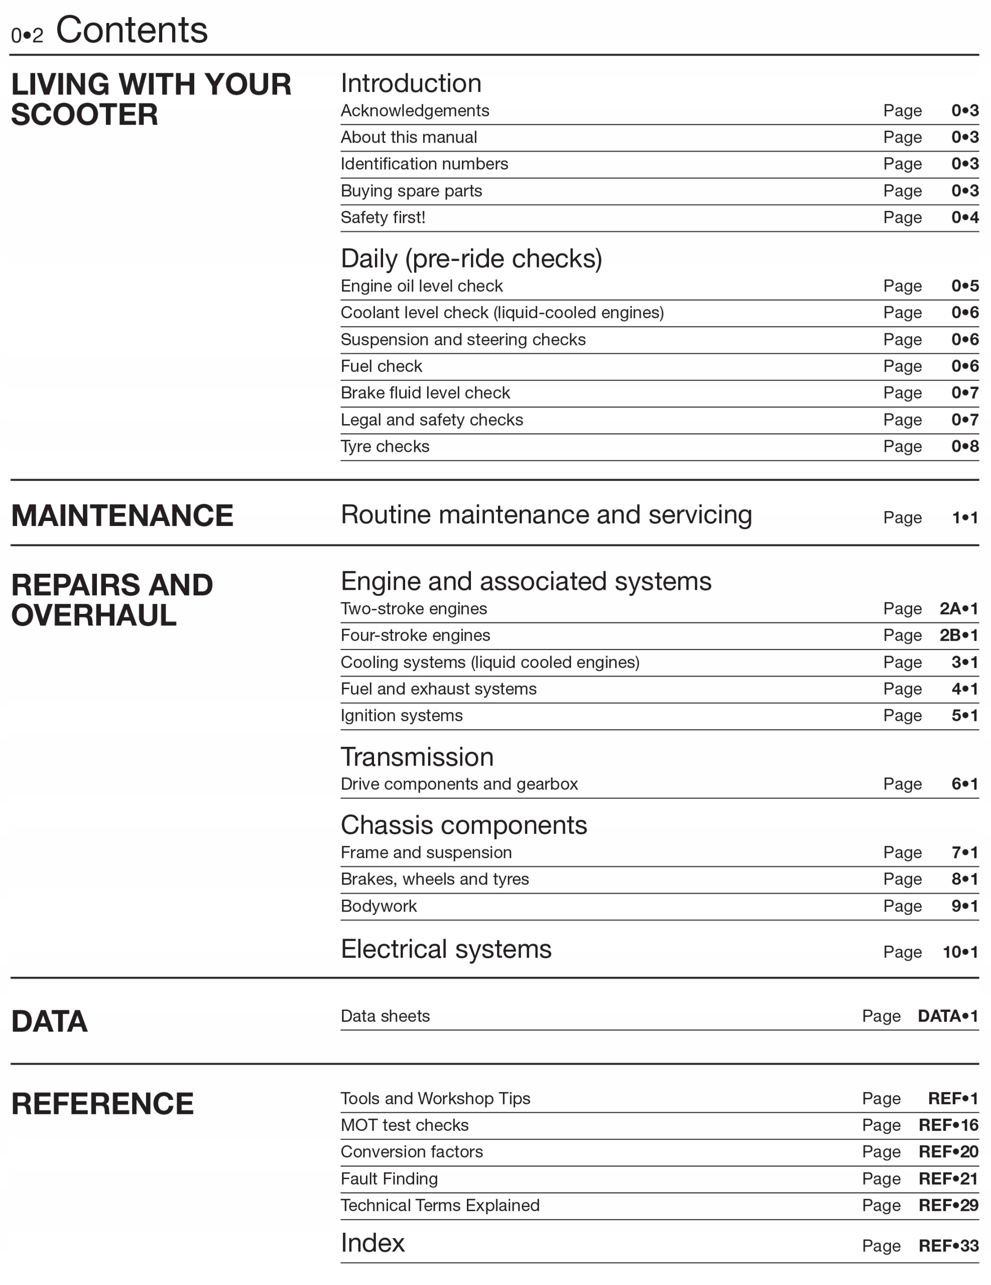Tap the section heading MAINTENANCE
pyautogui.click(x=122, y=516)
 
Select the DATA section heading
pyautogui.click(x=49, y=1021)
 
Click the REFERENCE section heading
pyautogui.click(x=102, y=1104)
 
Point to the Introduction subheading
pyautogui.click(x=411, y=83)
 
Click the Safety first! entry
pyautogui.click(x=383, y=218)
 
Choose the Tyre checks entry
pyautogui.click(x=385, y=447)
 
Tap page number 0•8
pyautogui.click(x=964, y=447)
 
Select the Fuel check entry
pyautogui.click(x=382, y=366)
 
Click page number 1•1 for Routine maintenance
pyautogui.click(x=964, y=518)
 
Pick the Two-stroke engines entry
pyautogui.click(x=414, y=608)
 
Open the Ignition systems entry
pyautogui.click(x=401, y=715)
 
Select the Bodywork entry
pyautogui.click(x=379, y=906)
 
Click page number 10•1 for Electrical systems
pyautogui.click(x=960, y=952)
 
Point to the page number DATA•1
pyautogui.click(x=947, y=1016)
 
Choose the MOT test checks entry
pyautogui.click(x=404, y=1125)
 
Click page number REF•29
pyautogui.click(x=948, y=1205)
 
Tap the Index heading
pyautogui.click(x=373, y=1243)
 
